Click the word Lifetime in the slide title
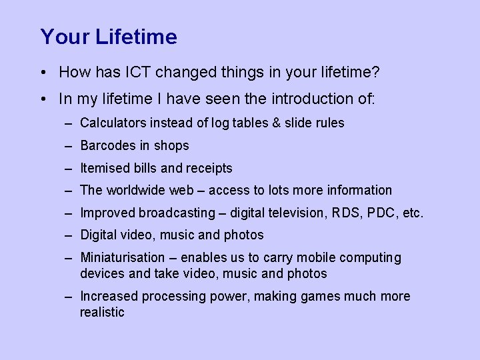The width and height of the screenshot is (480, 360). (136, 37)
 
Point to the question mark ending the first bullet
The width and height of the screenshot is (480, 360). (375, 71)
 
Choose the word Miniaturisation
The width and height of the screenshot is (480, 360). (122, 257)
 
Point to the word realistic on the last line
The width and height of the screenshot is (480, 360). (102, 312)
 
